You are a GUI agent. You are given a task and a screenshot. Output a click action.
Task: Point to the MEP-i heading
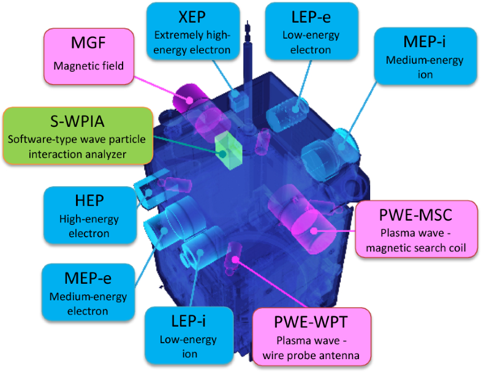pyautogui.click(x=425, y=42)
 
